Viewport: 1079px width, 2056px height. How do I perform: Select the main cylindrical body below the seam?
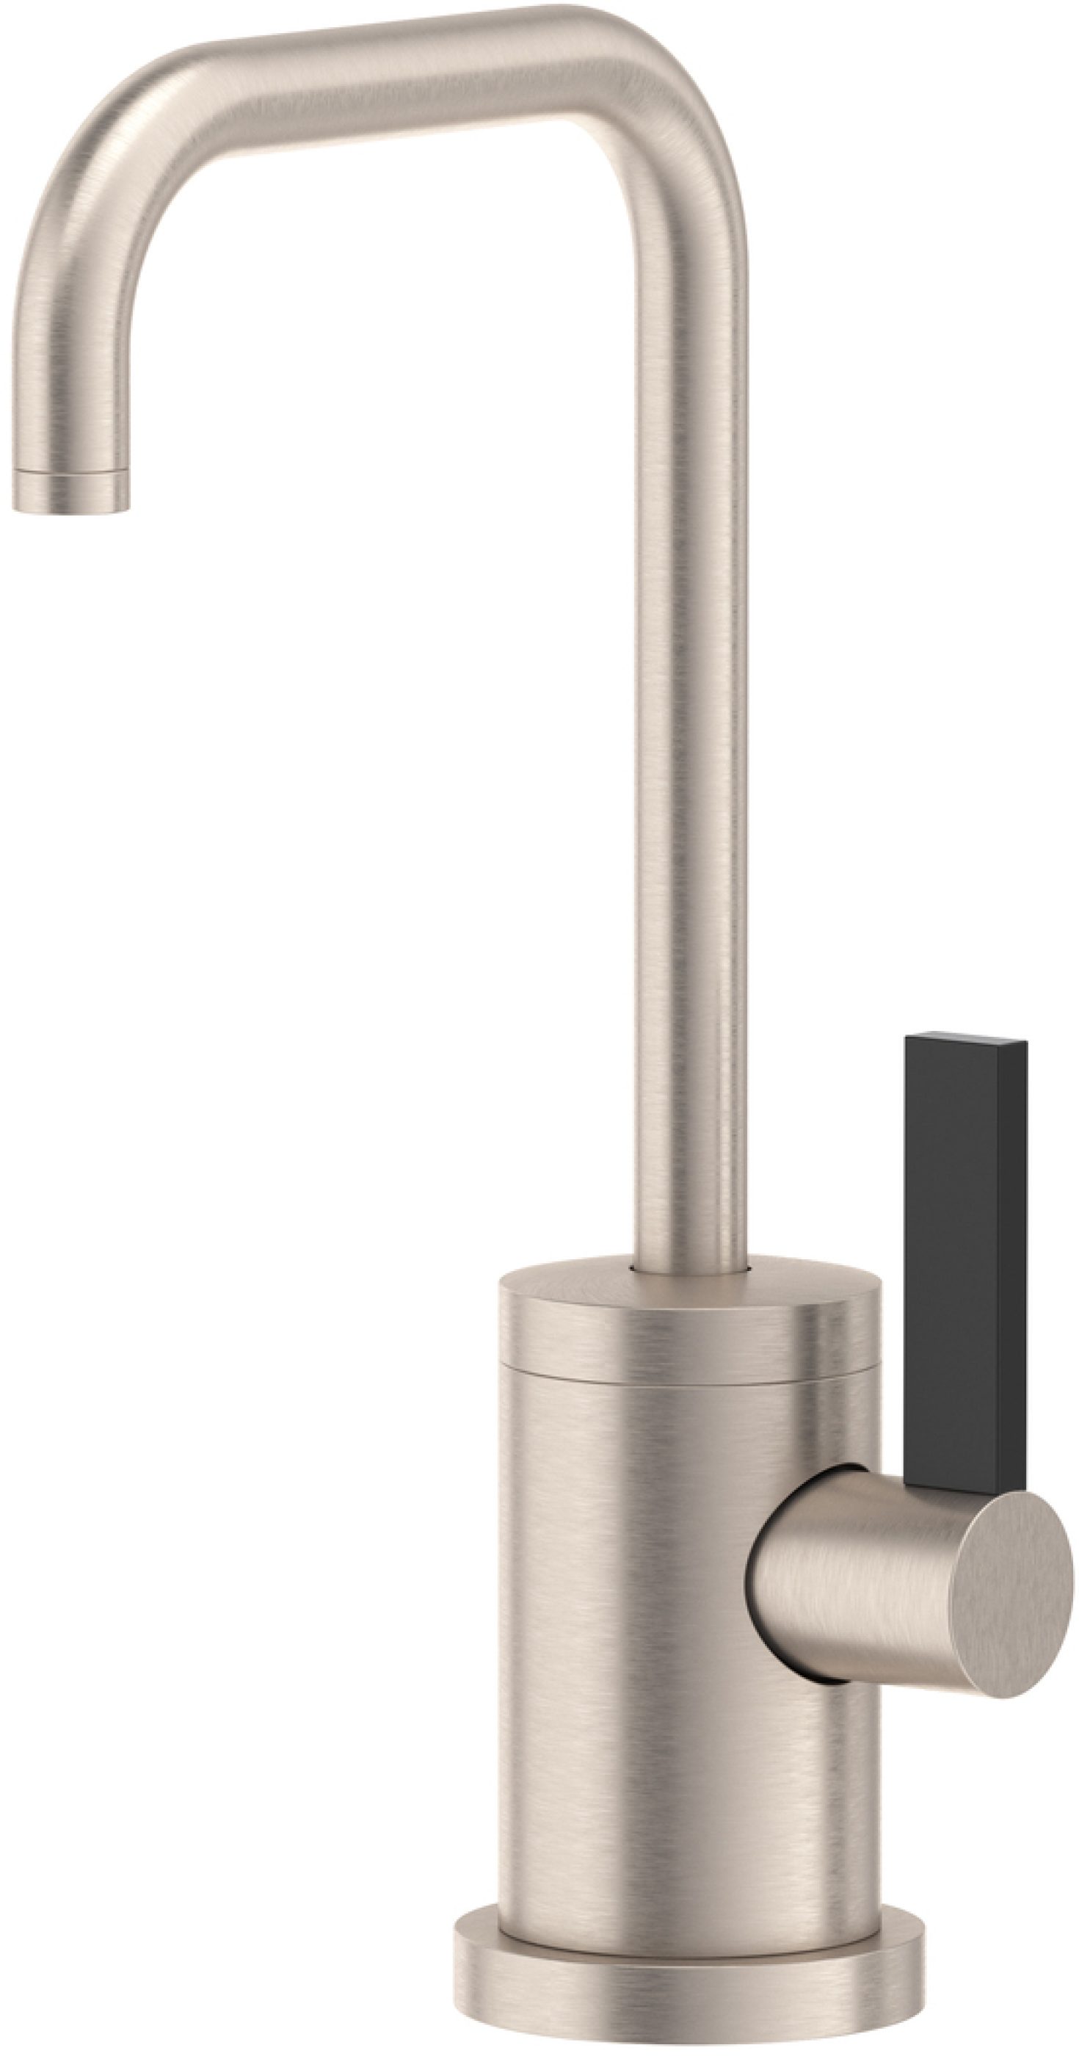pos(639,1636)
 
